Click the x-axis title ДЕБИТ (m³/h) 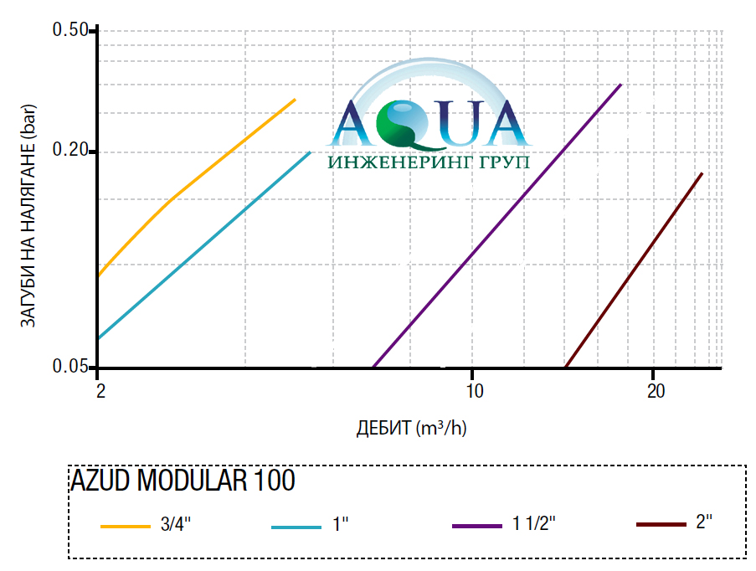coord(411,428)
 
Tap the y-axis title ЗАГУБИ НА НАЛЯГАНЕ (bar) coord(27,219)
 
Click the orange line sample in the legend coord(125,527)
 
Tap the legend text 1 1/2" coord(534,525)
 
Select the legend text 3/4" coord(176,525)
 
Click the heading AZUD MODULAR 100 coord(183,481)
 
